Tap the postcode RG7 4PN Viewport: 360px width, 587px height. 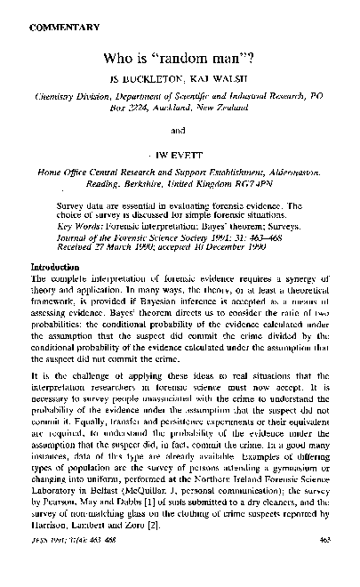coord(284,190)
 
